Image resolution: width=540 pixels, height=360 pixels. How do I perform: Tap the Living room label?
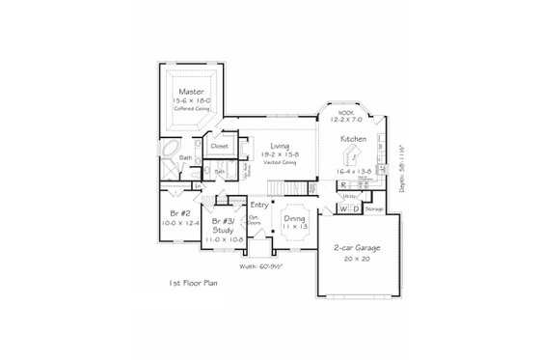coord(280,146)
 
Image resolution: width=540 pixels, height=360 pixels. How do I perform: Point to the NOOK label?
coord(345,112)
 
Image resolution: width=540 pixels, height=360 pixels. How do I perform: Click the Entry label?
coord(258,205)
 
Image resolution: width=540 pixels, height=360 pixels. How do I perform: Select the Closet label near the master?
coord(220,147)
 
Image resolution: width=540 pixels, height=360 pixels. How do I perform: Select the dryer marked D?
coord(357,208)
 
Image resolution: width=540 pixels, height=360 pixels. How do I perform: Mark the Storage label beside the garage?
coord(374,208)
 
